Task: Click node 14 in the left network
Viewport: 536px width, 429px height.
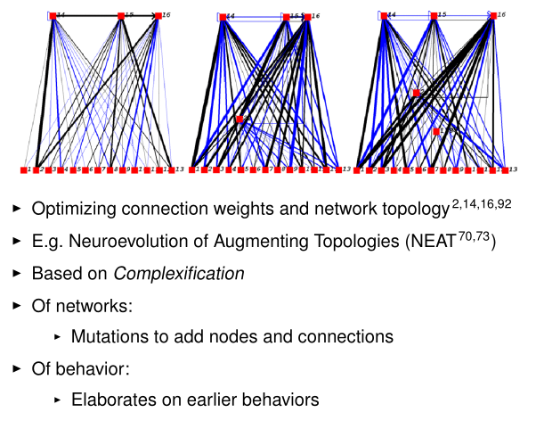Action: [x=53, y=15]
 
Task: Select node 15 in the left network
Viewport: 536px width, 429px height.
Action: [x=120, y=15]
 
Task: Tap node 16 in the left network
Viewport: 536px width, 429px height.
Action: [x=158, y=15]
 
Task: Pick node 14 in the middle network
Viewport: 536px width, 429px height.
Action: [x=223, y=16]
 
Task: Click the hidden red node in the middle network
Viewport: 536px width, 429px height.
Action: [x=240, y=119]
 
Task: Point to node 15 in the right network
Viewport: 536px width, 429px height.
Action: [x=434, y=15]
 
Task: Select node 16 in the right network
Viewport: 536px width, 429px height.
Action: [x=492, y=15]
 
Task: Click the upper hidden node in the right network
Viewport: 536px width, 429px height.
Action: [x=416, y=93]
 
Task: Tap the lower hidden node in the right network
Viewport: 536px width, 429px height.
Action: [x=436, y=131]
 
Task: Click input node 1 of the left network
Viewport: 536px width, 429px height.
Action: [x=24, y=169]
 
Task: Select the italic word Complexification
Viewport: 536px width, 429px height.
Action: [x=194, y=274]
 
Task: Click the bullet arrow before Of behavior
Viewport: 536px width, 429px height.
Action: [x=15, y=368]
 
